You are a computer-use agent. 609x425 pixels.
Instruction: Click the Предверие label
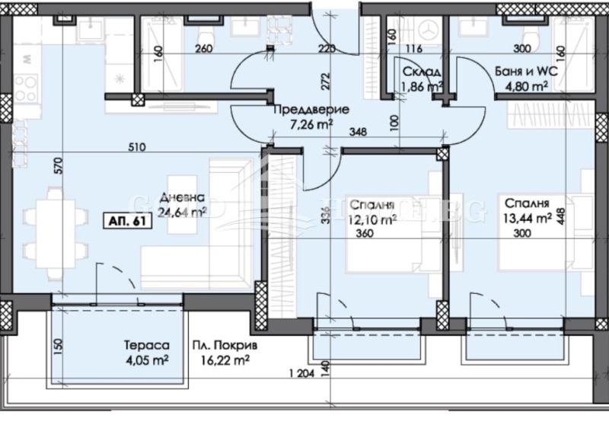click(x=311, y=110)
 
